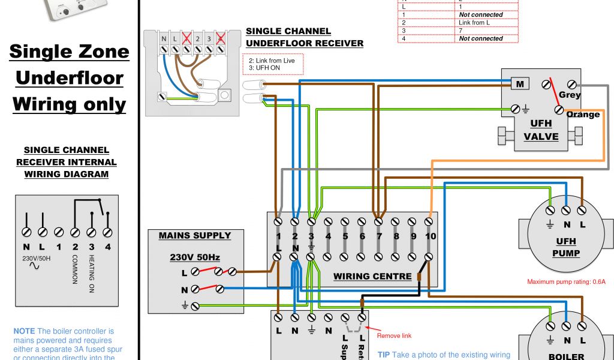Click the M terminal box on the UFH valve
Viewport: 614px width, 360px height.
coord(519,84)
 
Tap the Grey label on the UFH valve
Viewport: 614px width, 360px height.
coord(570,95)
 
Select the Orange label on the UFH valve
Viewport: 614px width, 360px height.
coord(583,115)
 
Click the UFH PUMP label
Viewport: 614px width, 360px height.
coord(566,247)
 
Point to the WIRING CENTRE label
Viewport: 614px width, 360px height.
coord(372,277)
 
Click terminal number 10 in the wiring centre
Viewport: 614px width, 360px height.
coord(430,236)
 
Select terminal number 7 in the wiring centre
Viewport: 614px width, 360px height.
coord(379,236)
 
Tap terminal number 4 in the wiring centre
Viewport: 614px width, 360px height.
coord(328,236)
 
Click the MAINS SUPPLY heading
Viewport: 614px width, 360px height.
coord(194,235)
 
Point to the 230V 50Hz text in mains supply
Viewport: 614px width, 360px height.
coord(194,257)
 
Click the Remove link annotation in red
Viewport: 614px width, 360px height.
coord(394,336)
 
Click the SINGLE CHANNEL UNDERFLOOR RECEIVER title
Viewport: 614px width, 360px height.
coord(304,37)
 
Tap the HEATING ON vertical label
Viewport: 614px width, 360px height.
coord(92,274)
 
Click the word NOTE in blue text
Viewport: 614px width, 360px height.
coord(24,331)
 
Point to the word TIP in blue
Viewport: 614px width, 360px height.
coord(384,355)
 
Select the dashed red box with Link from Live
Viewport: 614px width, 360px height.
coord(272,64)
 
